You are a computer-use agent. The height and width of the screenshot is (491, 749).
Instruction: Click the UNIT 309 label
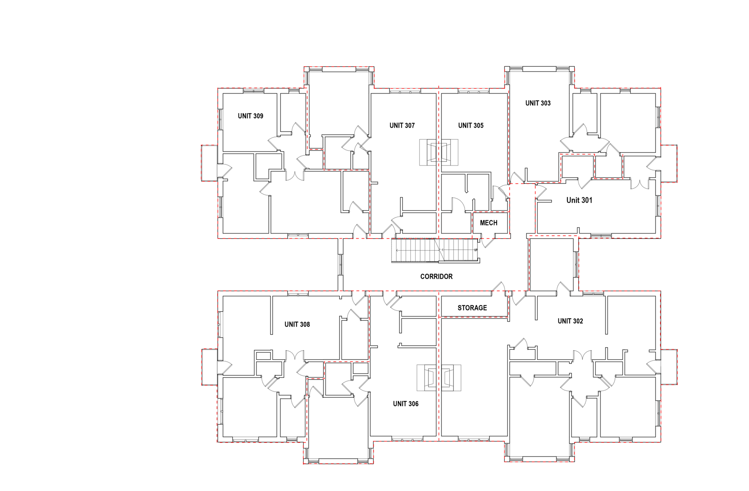coord(251,116)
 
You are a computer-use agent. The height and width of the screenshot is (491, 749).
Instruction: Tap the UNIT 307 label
coord(402,125)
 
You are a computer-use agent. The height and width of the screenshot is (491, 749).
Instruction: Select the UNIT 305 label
coord(471,125)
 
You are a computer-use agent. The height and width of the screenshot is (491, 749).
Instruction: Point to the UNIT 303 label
coord(538,103)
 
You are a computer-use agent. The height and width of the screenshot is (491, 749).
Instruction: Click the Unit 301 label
coord(579,200)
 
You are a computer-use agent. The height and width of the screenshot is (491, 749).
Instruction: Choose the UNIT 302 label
coord(570,321)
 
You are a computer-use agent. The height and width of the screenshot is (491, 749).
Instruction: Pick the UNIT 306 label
coord(406,404)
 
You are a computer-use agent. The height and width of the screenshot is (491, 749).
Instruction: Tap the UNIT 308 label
coord(297,324)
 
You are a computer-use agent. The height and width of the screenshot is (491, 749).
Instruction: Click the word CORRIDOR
coord(436,276)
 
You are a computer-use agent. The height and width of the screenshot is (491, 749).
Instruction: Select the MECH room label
coord(489,223)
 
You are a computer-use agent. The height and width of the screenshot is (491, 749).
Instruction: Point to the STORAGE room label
coord(472,308)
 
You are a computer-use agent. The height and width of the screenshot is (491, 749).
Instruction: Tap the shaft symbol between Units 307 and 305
coord(439,152)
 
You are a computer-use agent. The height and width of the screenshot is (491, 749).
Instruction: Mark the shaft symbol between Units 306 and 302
coord(439,378)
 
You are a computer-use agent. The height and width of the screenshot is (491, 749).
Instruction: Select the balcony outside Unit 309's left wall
coord(209,163)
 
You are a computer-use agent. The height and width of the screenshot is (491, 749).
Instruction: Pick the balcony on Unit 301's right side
coord(669,164)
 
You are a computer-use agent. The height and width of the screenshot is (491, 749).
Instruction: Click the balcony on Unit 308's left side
coord(210,367)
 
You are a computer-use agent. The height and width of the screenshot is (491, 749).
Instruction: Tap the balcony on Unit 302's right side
coord(669,367)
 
